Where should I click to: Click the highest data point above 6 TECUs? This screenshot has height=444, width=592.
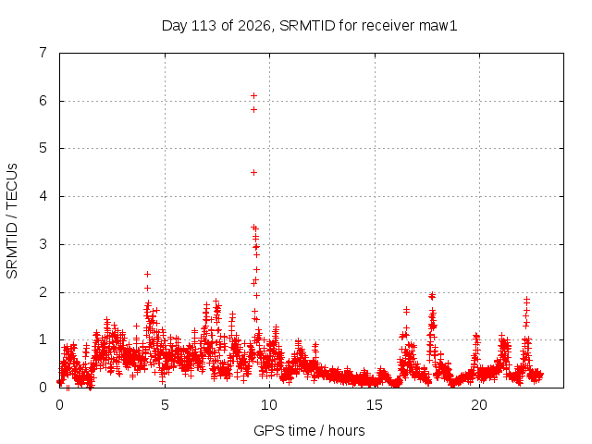tap(254, 96)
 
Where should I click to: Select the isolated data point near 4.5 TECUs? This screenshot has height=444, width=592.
tap(254, 173)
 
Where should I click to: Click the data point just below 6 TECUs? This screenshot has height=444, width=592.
tap(254, 109)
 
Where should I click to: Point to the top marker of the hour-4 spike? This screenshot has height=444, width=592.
tap(148, 274)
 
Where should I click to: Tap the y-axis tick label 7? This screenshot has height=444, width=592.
tap(43, 53)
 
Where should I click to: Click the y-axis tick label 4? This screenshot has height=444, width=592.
tap(43, 196)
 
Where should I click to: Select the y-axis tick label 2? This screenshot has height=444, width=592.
tap(43, 292)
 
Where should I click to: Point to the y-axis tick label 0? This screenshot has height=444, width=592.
tap(43, 387)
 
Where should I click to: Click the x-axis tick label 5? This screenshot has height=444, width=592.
tap(165, 405)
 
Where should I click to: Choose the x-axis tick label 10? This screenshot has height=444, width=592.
tap(269, 405)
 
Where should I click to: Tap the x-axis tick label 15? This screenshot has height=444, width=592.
tap(374, 405)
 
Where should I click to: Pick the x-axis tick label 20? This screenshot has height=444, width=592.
tap(479, 405)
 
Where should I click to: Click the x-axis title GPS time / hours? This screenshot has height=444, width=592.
tap(309, 430)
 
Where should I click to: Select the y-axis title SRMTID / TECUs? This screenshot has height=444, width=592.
tap(12, 221)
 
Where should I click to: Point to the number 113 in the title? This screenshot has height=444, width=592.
tap(203, 26)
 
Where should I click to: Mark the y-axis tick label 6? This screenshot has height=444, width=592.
tap(43, 101)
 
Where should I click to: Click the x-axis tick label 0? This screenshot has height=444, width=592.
tap(59, 405)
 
